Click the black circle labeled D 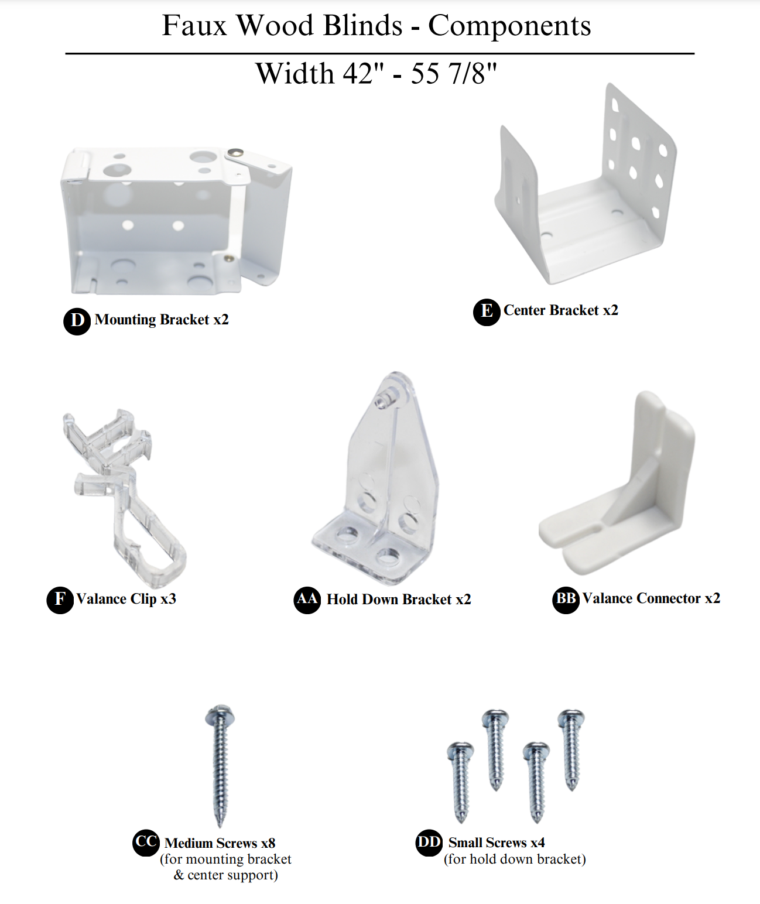pyautogui.click(x=77, y=321)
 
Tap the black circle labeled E pyautogui.click(x=487, y=311)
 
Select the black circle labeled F pyautogui.click(x=60, y=600)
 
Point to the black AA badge pyautogui.click(x=307, y=600)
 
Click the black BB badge pyautogui.click(x=566, y=600)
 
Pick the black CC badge pyautogui.click(x=146, y=843)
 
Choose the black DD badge pyautogui.click(x=429, y=843)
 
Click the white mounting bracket pyautogui.click(x=176, y=221)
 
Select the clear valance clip pyautogui.click(x=124, y=498)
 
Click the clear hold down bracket pyautogui.click(x=376, y=478)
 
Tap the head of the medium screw pyautogui.click(x=220, y=714)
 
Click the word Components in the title pyautogui.click(x=509, y=26)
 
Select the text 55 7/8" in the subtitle pyautogui.click(x=454, y=73)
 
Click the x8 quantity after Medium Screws pyautogui.click(x=268, y=843)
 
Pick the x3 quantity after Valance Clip pyautogui.click(x=168, y=599)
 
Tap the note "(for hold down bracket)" pyautogui.click(x=515, y=860)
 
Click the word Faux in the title pyautogui.click(x=194, y=25)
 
